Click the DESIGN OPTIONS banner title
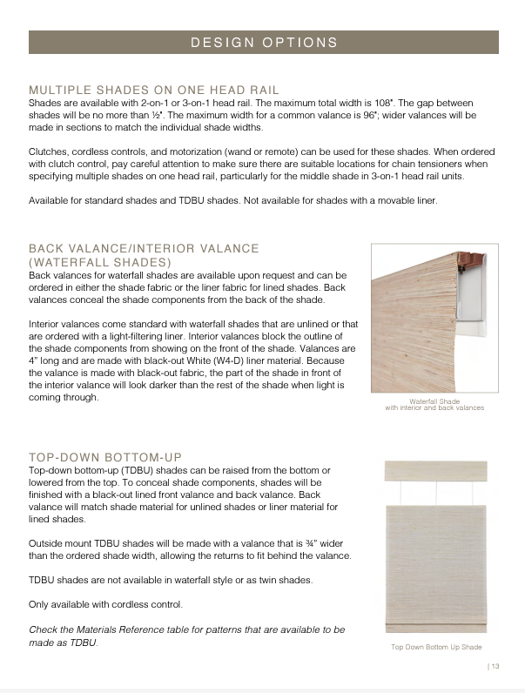(264, 42)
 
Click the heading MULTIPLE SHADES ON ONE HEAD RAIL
(154, 90)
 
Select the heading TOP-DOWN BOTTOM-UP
(105, 456)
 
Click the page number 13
(495, 666)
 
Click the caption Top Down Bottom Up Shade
(435, 647)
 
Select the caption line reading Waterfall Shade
(434, 401)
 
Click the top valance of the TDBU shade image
(435, 470)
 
